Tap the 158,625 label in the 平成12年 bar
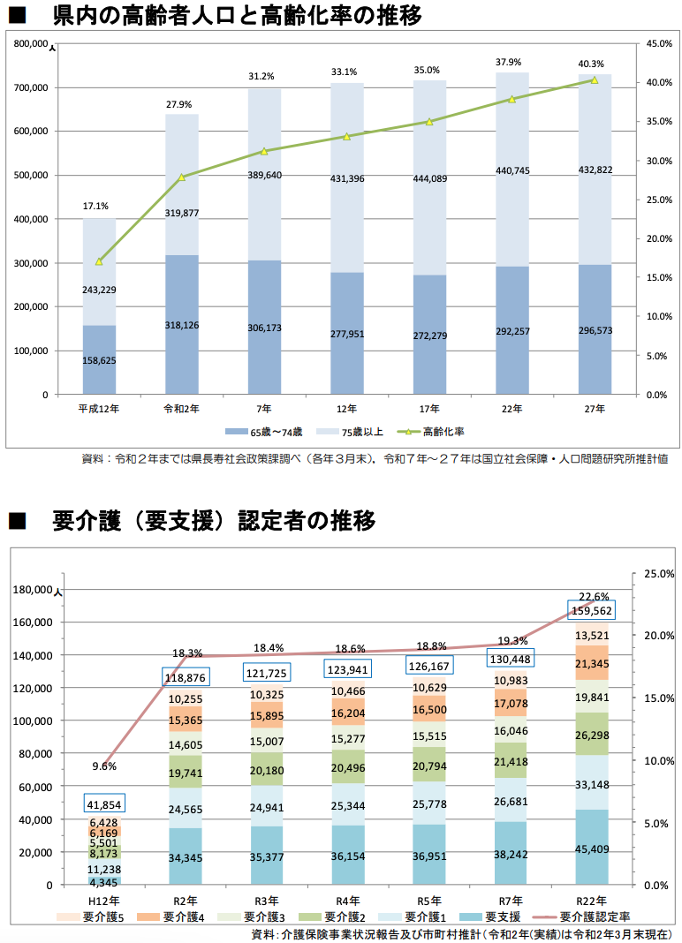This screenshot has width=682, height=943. point(99,361)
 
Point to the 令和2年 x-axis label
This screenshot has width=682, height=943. point(181,409)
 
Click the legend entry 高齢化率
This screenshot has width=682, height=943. point(442,432)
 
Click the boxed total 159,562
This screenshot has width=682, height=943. point(592,610)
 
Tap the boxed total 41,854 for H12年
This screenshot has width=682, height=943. point(105,803)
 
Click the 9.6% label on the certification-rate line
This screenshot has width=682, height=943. point(103,766)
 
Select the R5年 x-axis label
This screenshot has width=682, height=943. point(428,901)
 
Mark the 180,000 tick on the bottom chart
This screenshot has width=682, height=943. point(30,590)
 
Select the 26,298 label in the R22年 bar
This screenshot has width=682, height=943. point(592,735)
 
